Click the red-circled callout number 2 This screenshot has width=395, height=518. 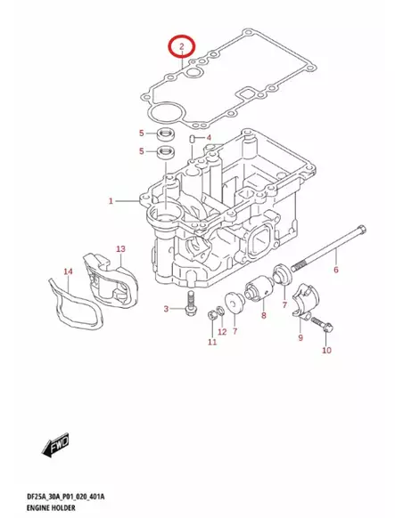[x=180, y=46]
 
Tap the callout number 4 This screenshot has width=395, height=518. [x=208, y=138]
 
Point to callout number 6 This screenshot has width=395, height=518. [x=336, y=270]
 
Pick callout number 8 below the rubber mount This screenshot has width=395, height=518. [x=263, y=316]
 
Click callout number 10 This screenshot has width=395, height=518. [x=325, y=351]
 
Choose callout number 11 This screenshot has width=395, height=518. [x=211, y=343]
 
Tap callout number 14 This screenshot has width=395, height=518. [x=67, y=271]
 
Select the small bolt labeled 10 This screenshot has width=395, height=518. [x=324, y=326]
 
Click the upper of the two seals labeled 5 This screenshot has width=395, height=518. [x=163, y=134]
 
